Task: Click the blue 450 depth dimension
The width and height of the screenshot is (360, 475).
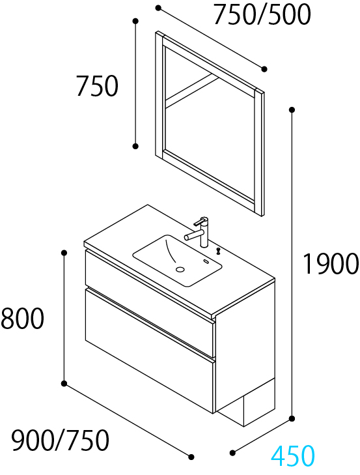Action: click(293, 455)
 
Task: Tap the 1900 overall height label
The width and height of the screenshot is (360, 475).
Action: click(331, 264)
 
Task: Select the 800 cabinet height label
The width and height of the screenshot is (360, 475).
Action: click(22, 319)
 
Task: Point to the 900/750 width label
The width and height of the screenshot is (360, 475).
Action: click(60, 440)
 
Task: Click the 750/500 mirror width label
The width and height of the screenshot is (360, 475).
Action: click(262, 14)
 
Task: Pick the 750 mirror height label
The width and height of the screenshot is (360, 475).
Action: click(97, 87)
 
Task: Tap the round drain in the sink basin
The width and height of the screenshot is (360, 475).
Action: click(180, 268)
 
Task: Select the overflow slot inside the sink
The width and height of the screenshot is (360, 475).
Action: click(206, 262)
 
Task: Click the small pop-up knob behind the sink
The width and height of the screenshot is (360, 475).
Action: click(217, 250)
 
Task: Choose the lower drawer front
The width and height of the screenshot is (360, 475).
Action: click(150, 351)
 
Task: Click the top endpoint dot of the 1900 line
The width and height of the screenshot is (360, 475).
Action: click(292, 109)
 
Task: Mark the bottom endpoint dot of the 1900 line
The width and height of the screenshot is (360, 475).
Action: click(292, 419)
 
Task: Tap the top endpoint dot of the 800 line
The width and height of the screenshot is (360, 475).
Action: click(64, 253)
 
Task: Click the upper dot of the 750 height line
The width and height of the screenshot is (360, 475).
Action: click(135, 21)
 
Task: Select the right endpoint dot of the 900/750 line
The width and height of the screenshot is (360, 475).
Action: click(191, 457)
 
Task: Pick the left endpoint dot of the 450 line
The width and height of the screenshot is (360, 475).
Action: click(232, 453)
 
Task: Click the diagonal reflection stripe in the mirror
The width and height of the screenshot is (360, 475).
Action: click(192, 90)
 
